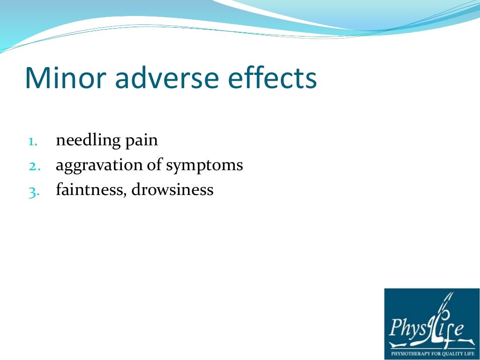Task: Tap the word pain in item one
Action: [141, 141]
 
